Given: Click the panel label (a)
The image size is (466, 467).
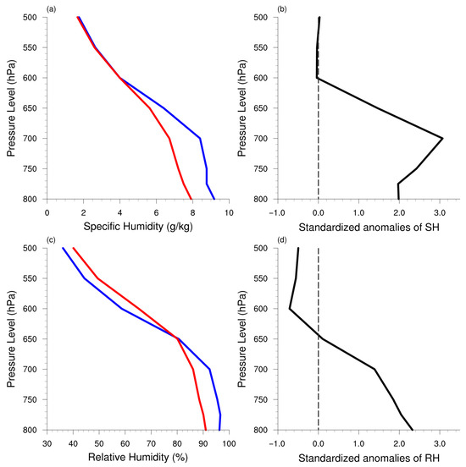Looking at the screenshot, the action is (51, 9).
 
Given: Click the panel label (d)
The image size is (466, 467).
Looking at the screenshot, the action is (282, 240).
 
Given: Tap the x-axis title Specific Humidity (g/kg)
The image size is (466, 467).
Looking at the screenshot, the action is (138, 227).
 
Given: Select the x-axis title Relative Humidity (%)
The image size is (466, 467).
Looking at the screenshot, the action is (138, 457).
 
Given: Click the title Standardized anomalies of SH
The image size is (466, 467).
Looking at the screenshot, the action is (369, 228).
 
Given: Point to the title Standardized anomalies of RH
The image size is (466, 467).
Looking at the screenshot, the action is (369, 459).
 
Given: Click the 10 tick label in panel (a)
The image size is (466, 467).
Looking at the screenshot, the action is (229, 213).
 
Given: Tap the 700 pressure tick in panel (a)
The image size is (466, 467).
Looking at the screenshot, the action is (30, 139).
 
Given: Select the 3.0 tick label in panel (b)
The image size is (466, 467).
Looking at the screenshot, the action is (440, 213).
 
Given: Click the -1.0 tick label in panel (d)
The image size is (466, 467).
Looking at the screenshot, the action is (277, 444).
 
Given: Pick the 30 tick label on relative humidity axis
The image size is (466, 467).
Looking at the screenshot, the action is (47, 444).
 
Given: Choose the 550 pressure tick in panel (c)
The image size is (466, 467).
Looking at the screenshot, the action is (30, 278).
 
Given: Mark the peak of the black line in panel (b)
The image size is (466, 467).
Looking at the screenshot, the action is (442, 138).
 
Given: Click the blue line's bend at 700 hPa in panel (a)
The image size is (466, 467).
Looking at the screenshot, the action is (200, 138).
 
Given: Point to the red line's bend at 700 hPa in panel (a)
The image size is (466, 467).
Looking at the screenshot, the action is (169, 138).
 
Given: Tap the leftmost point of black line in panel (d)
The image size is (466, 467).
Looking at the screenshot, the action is (290, 309).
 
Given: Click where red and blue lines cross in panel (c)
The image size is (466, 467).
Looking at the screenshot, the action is (176, 338).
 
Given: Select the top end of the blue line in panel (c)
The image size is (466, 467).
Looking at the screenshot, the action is (63, 248).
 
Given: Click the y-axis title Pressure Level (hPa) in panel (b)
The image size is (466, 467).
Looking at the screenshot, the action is (242, 108).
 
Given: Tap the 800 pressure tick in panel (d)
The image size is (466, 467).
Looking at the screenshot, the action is (261, 430).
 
